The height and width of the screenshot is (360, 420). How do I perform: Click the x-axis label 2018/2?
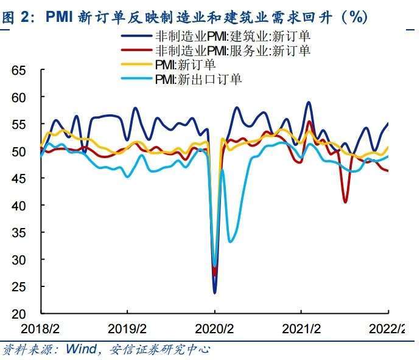[41, 329]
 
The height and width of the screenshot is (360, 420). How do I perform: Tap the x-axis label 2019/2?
[128, 329]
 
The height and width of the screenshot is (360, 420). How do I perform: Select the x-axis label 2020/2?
[215, 329]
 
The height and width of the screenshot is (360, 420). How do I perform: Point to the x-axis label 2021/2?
[302, 329]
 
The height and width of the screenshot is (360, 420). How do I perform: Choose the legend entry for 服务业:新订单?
[233, 50]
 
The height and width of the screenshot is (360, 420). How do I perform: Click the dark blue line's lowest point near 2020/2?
[214, 292]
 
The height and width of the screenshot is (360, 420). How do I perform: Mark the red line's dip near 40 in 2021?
[346, 201]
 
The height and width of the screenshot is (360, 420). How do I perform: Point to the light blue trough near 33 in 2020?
[230, 241]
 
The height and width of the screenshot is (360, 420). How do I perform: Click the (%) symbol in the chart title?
[354, 17]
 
